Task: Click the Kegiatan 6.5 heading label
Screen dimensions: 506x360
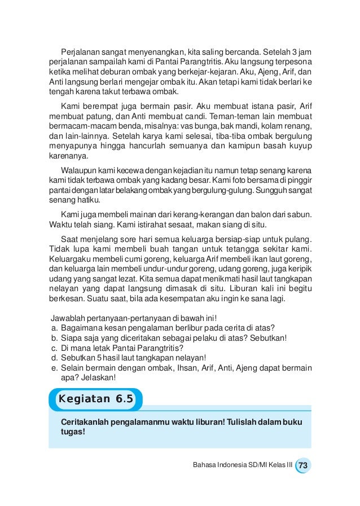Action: coord(95,399)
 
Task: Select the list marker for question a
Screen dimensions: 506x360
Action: coord(54,328)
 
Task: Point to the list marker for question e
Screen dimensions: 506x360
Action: coord(54,368)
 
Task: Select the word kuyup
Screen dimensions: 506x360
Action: coord(302,148)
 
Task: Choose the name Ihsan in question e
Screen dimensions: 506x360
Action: coord(186,368)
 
